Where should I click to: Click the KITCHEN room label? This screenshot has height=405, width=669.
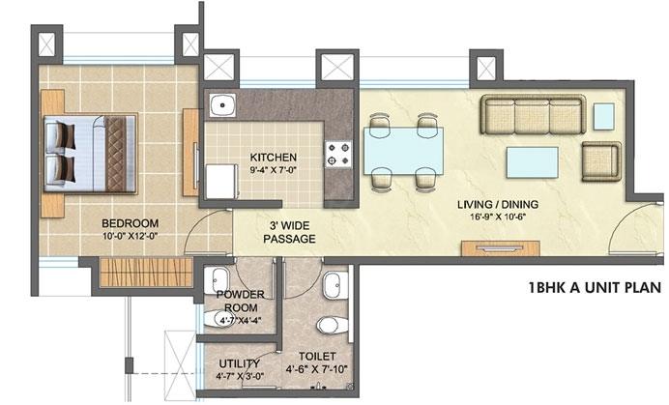click(273, 157)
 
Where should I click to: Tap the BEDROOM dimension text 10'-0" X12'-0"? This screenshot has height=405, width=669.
click(131, 235)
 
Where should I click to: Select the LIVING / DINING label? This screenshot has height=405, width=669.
click(498, 204)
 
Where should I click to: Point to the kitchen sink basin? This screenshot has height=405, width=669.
click(222, 105)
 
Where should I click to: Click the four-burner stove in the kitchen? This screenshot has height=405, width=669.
click(338, 155)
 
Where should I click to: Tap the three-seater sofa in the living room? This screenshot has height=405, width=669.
click(533, 114)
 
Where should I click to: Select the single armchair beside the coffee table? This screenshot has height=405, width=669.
click(601, 161)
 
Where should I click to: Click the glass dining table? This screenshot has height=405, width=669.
click(403, 151)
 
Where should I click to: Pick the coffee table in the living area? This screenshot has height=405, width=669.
click(532, 162)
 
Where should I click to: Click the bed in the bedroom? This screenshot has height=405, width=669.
click(91, 154)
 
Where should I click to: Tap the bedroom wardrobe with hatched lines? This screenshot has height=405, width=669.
click(146, 273)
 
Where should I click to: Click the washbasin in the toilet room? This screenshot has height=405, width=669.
click(335, 285)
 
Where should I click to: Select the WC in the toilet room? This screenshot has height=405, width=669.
click(333, 325)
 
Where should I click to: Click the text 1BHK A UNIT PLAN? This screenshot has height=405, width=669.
click(595, 288)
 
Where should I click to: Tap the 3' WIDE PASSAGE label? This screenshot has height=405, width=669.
click(289, 232)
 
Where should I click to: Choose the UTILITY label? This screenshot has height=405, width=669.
click(239, 363)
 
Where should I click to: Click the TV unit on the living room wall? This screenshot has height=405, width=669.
click(501, 248)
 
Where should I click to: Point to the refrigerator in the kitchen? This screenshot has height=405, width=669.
click(221, 182)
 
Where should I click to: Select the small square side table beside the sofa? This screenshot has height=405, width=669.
click(603, 116)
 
